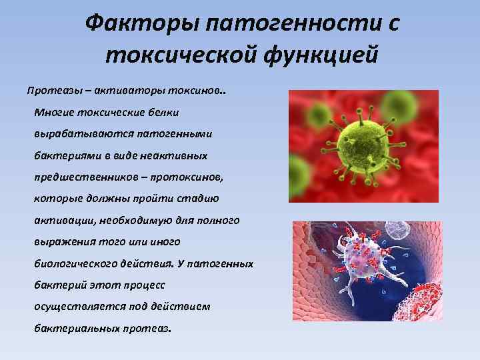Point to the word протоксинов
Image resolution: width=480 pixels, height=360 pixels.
[191, 177]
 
